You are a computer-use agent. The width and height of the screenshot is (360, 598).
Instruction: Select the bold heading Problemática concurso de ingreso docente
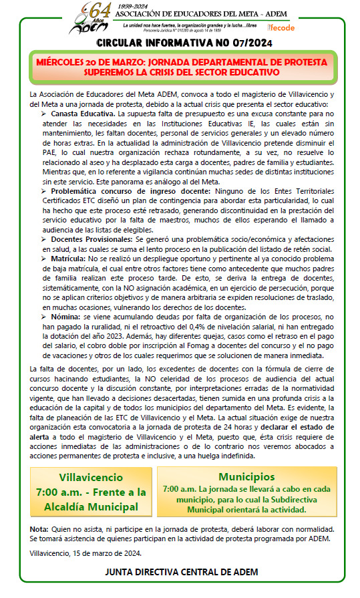coord(122,192)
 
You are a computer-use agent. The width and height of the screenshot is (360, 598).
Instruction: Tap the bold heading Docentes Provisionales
coord(92,239)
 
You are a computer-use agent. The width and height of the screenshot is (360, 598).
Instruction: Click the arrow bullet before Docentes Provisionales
coord(43,239)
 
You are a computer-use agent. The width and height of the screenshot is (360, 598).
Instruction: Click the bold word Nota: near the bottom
coord(39,529)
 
